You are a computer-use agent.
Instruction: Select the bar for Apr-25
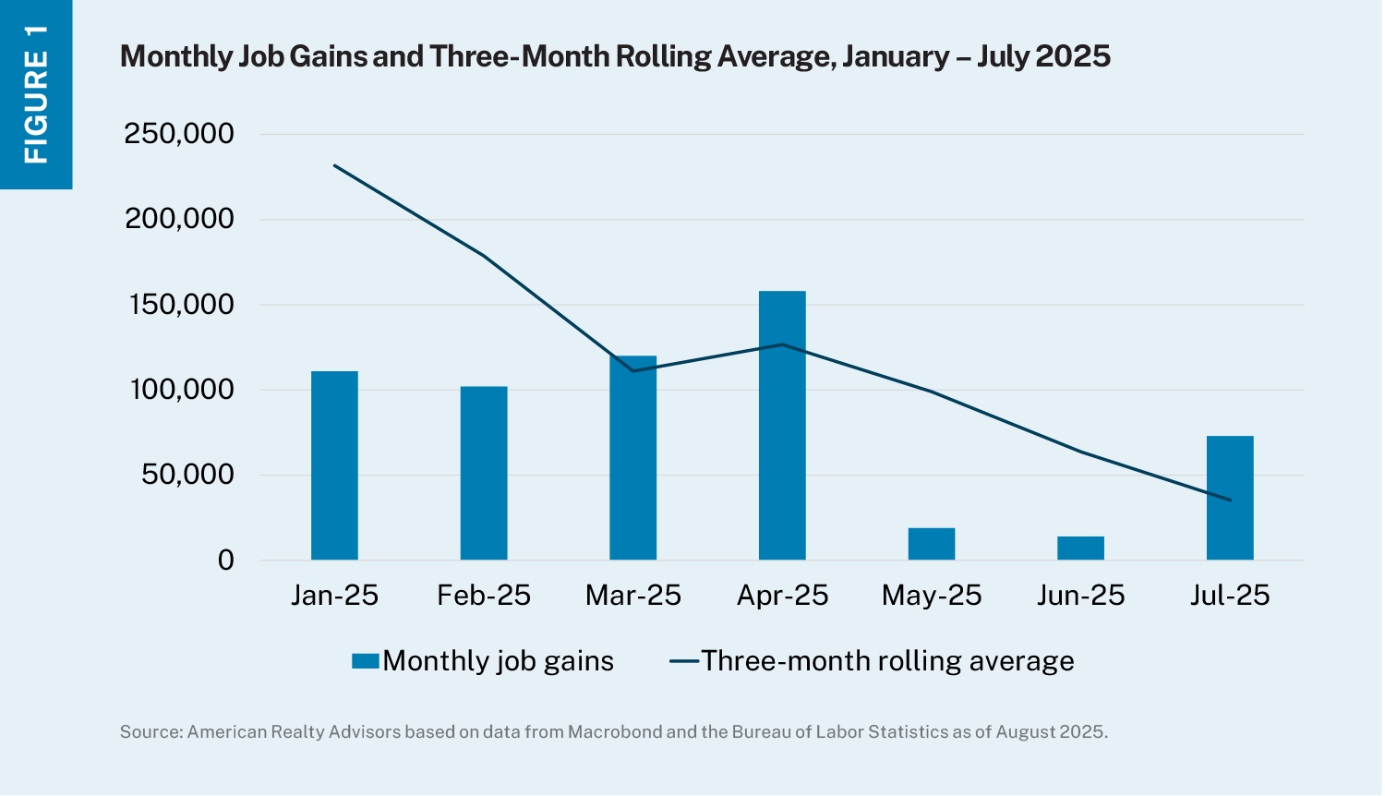click(782, 426)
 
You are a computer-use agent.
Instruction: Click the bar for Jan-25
click(334, 465)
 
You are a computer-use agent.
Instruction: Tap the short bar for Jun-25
click(1080, 549)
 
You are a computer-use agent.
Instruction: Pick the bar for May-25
click(932, 544)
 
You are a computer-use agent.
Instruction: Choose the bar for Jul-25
click(1230, 498)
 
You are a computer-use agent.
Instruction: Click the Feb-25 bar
click(484, 473)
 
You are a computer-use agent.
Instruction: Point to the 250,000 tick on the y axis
click(179, 134)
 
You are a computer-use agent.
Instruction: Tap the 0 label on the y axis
click(225, 561)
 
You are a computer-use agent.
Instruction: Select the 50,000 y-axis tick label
click(187, 475)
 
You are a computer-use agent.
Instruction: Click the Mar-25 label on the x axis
click(633, 596)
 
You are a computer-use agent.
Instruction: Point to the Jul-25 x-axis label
click(1230, 596)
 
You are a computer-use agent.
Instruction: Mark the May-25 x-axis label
click(932, 596)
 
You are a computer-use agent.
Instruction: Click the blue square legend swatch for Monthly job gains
click(366, 661)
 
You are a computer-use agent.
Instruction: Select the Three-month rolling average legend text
click(887, 661)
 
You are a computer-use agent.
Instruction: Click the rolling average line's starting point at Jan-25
click(334, 165)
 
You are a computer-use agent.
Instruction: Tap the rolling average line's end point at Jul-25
click(1230, 500)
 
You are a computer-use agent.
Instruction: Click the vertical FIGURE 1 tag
click(36, 94)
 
